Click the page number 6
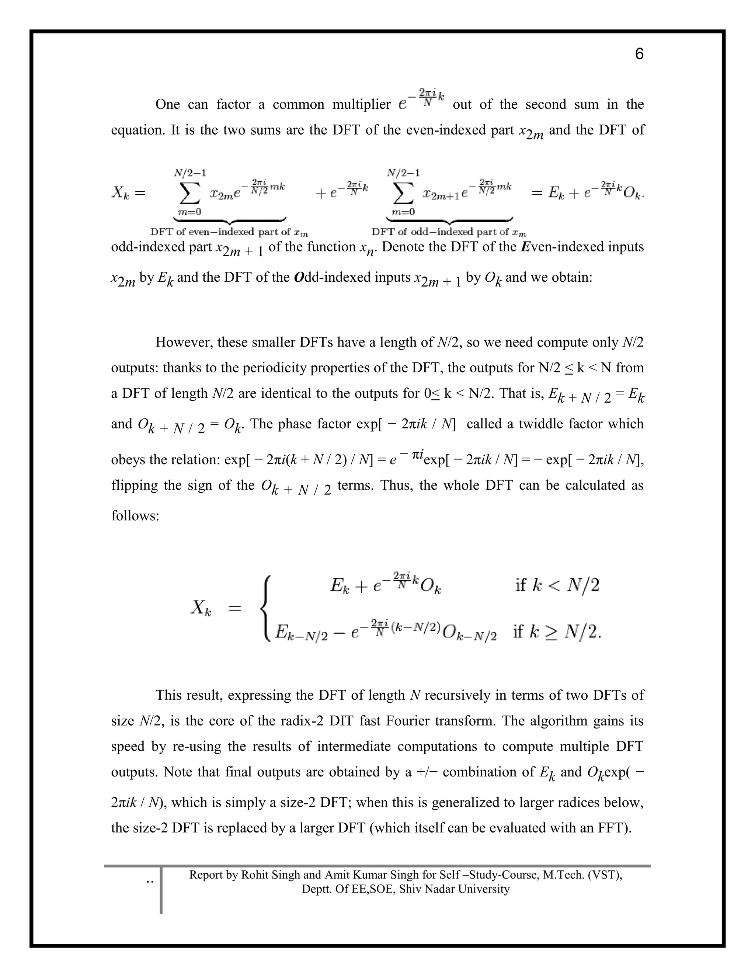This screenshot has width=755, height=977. (639, 54)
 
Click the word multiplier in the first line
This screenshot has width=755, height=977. (361, 105)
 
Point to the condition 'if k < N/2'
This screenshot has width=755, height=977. (557, 585)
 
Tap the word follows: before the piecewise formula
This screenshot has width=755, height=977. (135, 516)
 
